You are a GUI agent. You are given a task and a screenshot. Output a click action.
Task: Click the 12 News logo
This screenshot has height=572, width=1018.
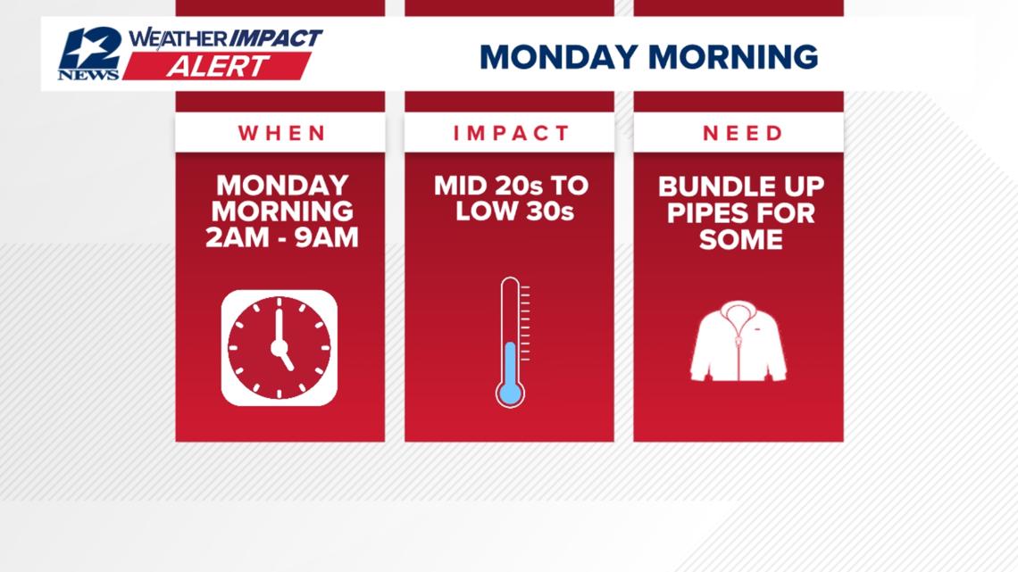88,54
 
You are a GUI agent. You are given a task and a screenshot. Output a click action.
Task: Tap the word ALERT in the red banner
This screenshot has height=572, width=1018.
217,66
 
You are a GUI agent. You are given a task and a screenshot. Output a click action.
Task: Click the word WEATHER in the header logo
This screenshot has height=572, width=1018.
178,38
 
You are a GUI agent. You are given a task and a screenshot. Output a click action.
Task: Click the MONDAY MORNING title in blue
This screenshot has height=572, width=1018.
648,57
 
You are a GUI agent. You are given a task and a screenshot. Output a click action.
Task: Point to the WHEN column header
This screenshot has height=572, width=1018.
281,134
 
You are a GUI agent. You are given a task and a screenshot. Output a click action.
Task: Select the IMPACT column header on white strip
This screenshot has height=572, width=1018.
511,134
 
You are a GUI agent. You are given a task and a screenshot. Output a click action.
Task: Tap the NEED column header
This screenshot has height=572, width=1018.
742,134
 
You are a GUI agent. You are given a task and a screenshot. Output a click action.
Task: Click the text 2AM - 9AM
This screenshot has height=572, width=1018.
281,238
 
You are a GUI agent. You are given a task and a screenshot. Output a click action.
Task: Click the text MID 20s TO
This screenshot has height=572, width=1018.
511,187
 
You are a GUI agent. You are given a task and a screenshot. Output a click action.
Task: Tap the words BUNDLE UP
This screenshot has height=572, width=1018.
741,187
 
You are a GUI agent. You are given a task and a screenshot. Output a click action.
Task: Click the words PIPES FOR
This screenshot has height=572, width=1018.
741,213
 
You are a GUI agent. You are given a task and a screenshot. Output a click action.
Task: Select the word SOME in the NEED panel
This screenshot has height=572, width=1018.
741,239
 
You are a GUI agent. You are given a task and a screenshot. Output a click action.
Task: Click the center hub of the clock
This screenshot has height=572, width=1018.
279,347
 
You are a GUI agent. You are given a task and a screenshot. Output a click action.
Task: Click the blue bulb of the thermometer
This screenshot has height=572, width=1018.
510,393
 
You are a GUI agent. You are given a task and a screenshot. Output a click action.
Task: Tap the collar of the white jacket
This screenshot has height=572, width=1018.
738,311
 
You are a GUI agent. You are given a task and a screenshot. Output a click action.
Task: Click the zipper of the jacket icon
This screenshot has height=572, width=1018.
737,352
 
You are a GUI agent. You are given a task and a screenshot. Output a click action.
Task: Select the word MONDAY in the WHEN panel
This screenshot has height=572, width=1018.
281,186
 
